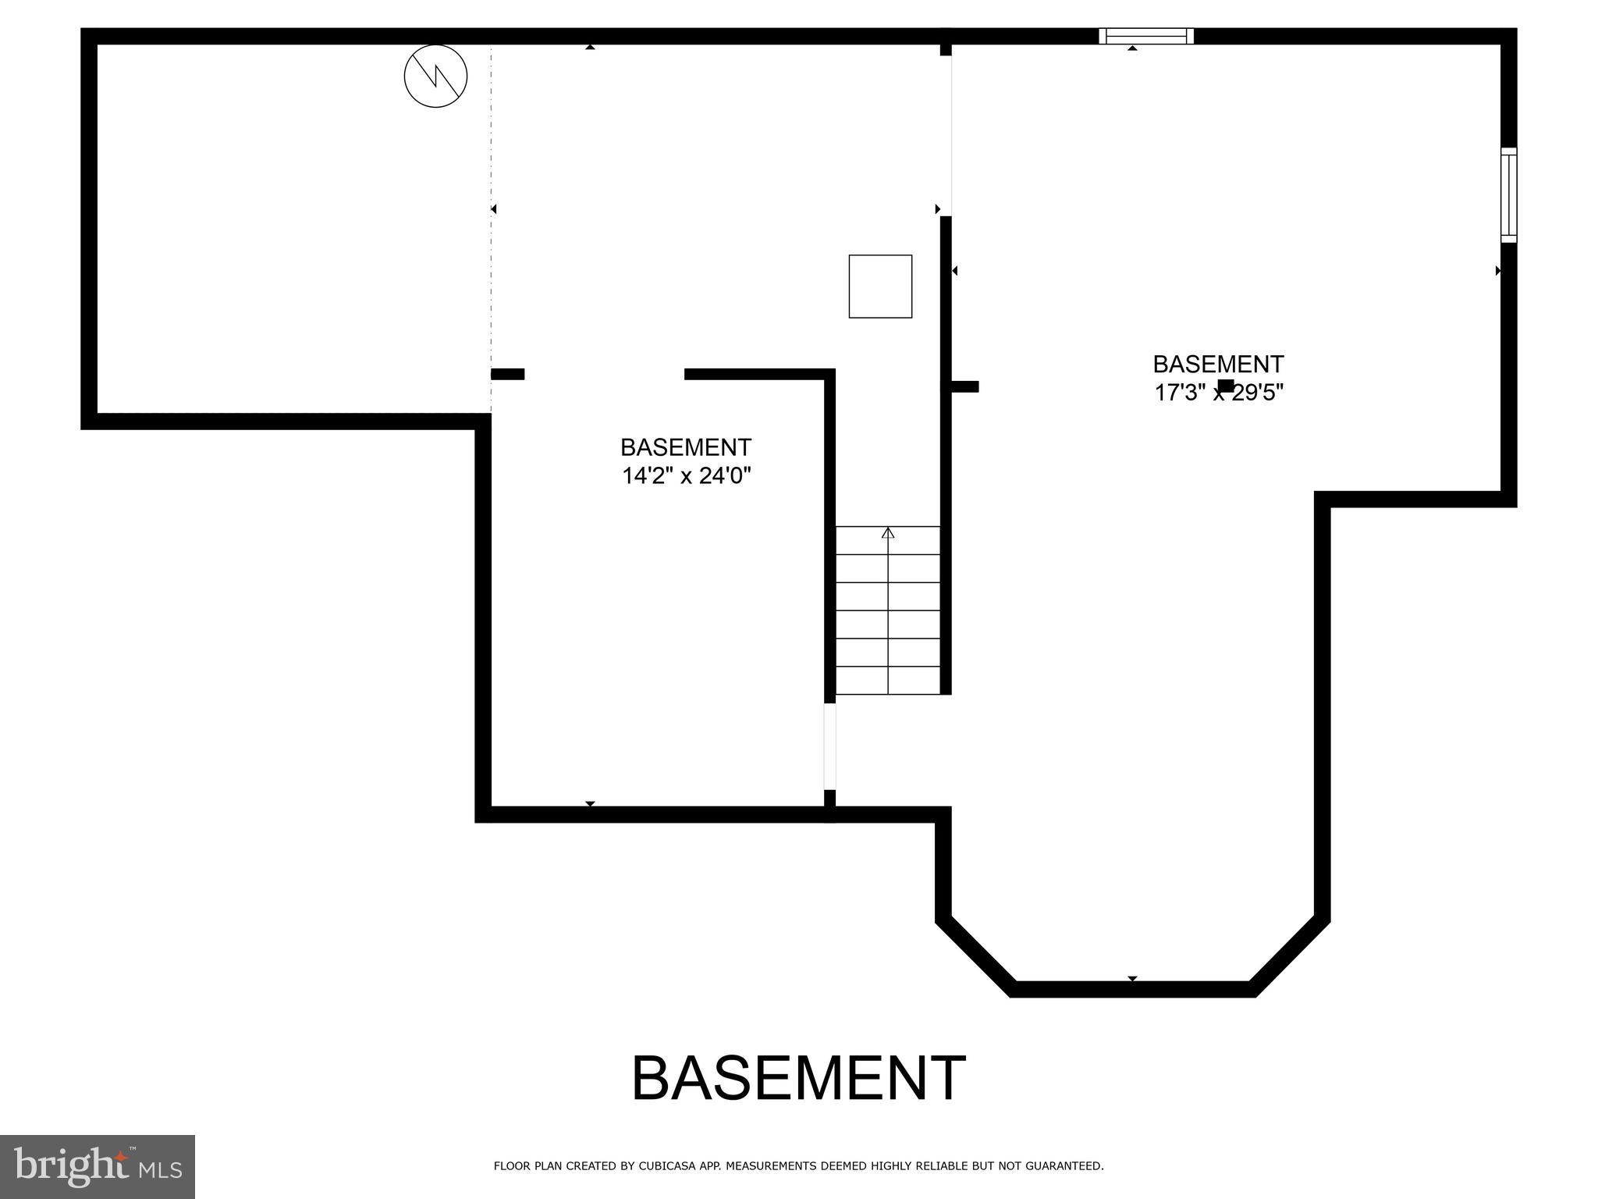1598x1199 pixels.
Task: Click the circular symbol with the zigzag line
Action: click(435, 76)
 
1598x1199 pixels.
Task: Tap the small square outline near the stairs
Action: click(880, 286)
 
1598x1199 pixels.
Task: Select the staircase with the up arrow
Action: click(888, 610)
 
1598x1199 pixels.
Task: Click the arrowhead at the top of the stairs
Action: click(888, 533)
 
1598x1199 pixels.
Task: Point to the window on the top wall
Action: click(1146, 36)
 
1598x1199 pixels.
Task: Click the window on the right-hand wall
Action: click(1509, 194)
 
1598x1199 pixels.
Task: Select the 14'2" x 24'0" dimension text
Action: click(686, 475)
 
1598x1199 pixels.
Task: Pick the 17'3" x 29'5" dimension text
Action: click(1219, 393)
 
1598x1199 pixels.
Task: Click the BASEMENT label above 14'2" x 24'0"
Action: click(686, 447)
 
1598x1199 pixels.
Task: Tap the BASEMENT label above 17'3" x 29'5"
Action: click(1218, 365)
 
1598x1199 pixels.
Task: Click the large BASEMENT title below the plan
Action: click(798, 1079)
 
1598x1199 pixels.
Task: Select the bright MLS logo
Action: click(98, 1167)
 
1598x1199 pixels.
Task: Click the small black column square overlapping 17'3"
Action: click(1226, 386)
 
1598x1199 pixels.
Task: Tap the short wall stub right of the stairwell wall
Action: click(964, 386)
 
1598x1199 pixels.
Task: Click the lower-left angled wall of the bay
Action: click(976, 957)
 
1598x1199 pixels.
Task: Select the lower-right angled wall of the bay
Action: click(1289, 957)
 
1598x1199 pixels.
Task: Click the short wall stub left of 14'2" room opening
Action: click(508, 374)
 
